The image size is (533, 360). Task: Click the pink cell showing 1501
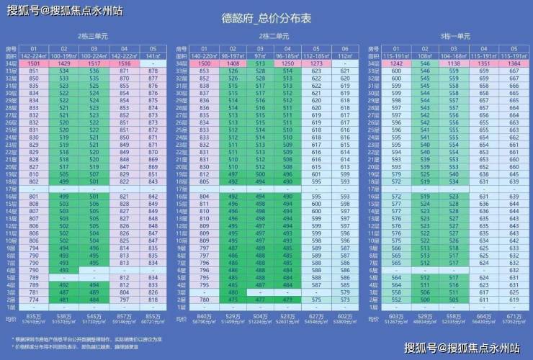pyautogui.click(x=34, y=64)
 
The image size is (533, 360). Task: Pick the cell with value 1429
pyautogui.click(x=64, y=64)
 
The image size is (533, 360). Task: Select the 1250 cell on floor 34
pyautogui.click(x=288, y=64)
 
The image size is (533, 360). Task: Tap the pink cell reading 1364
pyautogui.click(x=514, y=64)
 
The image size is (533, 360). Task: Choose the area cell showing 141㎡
pyautogui.click(x=153, y=55)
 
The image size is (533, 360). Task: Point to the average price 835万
pyautogui.click(x=34, y=315)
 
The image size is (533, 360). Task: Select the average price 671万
pyautogui.click(x=514, y=315)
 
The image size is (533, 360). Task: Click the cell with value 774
pyautogui.click(x=34, y=299)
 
